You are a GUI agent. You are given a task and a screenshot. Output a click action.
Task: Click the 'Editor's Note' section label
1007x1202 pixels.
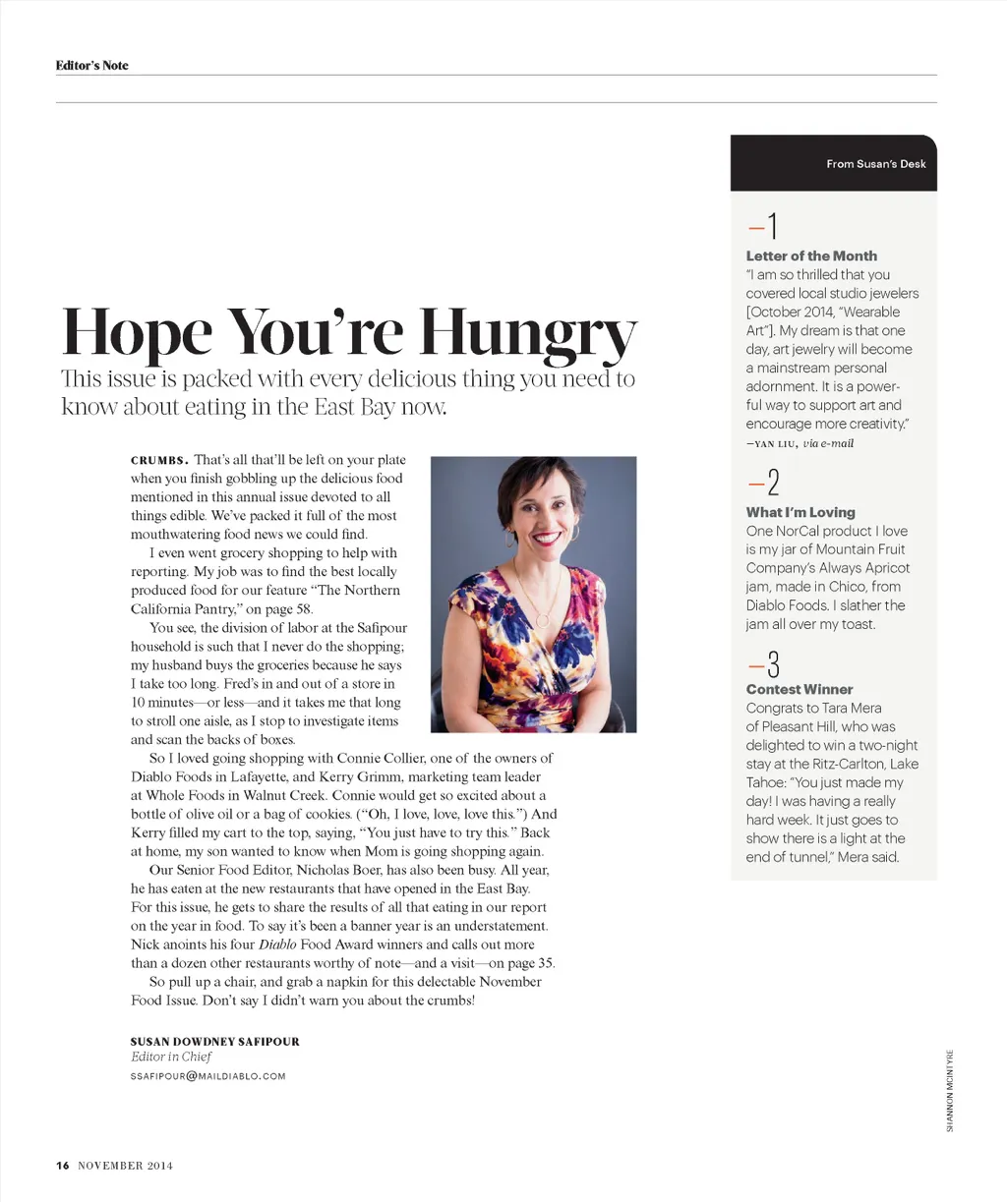coord(91,66)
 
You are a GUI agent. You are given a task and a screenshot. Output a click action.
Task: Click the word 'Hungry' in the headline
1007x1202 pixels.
coord(528,334)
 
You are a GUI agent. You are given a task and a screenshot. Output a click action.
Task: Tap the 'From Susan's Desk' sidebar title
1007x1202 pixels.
coord(875,164)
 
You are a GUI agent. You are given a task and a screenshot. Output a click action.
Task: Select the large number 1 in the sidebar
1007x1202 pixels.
coord(772,227)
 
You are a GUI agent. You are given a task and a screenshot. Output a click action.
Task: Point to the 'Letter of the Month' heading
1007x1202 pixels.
coord(811,256)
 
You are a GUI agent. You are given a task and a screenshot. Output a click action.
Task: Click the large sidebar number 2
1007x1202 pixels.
coord(773,484)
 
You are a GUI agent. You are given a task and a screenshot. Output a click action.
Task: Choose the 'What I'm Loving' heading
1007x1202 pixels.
coord(800,512)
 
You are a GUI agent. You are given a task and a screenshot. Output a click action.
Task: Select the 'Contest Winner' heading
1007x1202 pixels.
coord(800,689)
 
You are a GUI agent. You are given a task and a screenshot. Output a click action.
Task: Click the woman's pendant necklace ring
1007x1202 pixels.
coord(542,620)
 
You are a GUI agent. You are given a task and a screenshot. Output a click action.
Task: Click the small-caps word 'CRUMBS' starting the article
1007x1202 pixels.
coord(159,460)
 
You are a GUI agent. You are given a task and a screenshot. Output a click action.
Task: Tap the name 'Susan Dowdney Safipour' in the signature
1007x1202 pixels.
coord(215,1041)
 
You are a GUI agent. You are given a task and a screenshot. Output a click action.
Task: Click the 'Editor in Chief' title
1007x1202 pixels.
coord(171,1057)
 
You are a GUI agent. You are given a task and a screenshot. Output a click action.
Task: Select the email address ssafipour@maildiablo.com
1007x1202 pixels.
coord(207,1076)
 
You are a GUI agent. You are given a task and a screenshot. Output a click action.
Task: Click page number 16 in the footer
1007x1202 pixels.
coord(63,1166)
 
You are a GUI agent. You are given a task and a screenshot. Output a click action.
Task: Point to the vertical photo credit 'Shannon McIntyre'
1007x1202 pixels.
coord(950,1089)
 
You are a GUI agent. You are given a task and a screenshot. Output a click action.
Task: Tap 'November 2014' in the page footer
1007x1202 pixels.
coord(125,1166)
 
